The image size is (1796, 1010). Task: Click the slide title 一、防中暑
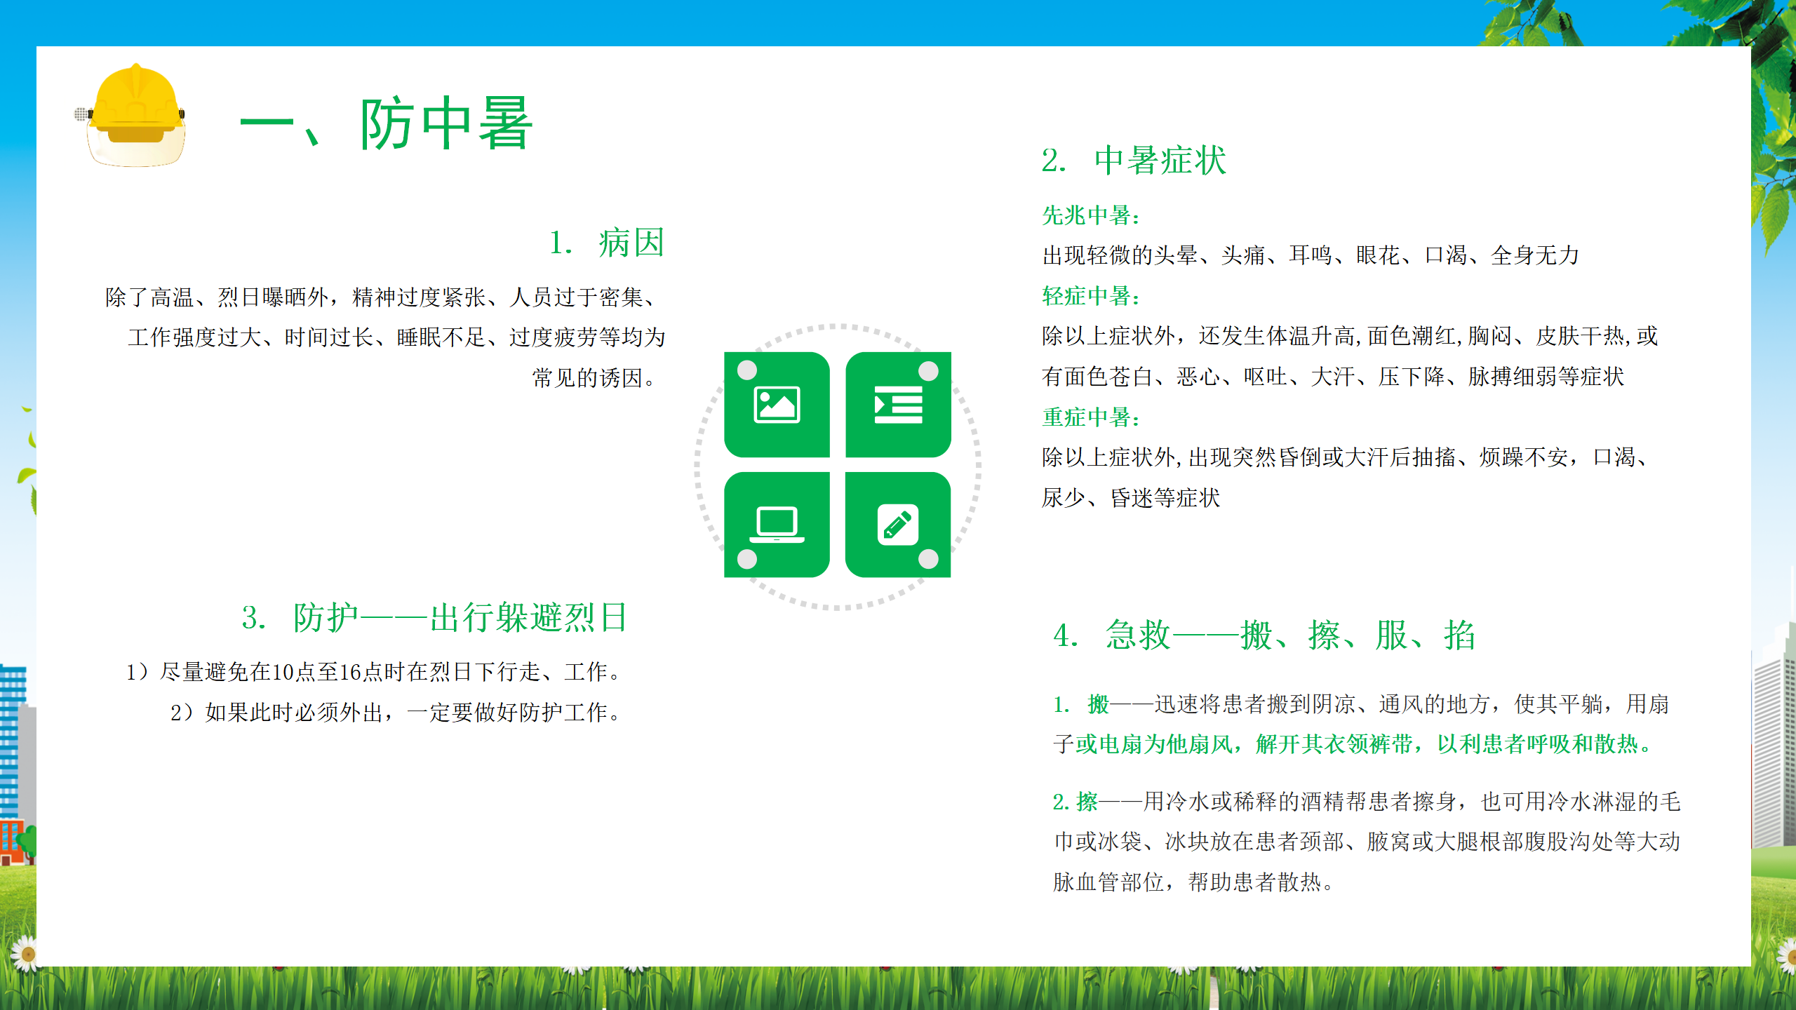click(x=387, y=124)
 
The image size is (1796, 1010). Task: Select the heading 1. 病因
click(x=607, y=243)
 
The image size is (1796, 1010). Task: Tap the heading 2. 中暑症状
click(x=1134, y=161)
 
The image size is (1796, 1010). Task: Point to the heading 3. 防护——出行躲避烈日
click(x=435, y=618)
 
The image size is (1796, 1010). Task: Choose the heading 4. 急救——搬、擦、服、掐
click(x=1264, y=635)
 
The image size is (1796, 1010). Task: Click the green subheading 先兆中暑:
click(x=1092, y=215)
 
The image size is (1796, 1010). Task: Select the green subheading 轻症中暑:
click(x=1092, y=296)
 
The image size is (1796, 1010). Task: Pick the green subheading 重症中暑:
click(x=1092, y=417)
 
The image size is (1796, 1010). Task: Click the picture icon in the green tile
click(x=777, y=405)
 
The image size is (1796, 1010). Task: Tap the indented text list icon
click(x=898, y=405)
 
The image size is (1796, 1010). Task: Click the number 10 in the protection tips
click(x=282, y=672)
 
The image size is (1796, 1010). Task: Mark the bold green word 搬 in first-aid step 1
click(x=1098, y=703)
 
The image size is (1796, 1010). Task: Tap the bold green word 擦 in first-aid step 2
click(x=1087, y=801)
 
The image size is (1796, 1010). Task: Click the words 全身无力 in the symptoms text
click(x=1534, y=255)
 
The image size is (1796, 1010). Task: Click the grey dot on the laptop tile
click(x=747, y=559)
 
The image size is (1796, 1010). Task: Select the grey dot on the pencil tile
click(x=928, y=559)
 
